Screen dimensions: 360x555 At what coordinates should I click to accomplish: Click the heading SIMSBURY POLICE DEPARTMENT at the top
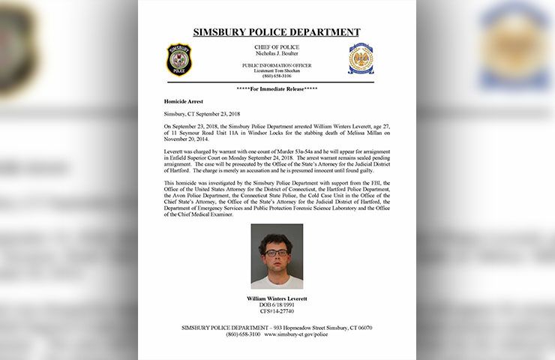tap(277, 32)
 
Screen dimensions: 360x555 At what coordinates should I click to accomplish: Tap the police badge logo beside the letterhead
tap(179, 58)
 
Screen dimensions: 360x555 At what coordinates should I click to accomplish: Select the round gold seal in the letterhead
tap(361, 58)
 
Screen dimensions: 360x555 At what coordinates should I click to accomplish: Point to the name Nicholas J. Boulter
tap(277, 54)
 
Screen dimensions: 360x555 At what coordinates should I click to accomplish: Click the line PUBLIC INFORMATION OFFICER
tap(277, 65)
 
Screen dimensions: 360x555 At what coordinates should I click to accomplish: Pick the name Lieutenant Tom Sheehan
tap(277, 70)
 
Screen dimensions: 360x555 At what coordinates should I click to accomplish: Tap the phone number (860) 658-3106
tap(277, 76)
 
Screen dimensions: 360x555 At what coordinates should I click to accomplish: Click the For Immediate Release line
tap(277, 88)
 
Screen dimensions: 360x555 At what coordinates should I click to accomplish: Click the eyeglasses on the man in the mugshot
tap(275, 253)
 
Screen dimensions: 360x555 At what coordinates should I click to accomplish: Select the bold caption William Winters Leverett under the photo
tap(277, 298)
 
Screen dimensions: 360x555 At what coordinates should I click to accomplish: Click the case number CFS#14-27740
tap(277, 310)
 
